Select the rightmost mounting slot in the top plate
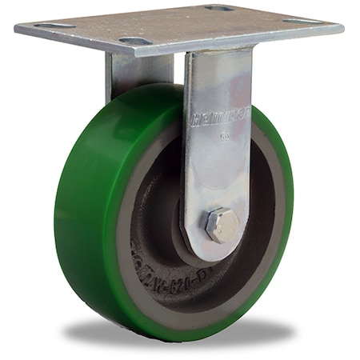[x=305, y=22]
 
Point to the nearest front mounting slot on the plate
[x=134, y=41]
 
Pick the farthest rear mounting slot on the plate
[x=218, y=8]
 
